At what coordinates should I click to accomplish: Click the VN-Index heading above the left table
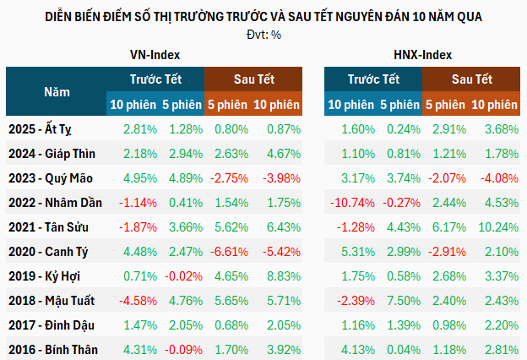coord(154,54)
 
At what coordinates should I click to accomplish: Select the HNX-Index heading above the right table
coord(422,54)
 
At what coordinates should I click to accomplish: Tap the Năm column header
coord(57,91)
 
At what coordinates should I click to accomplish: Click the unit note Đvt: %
coord(263,34)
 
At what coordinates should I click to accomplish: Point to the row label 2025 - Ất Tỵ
coord(51,129)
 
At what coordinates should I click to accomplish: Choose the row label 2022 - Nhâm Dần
coord(57,203)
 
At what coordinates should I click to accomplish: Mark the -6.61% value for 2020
coord(229,252)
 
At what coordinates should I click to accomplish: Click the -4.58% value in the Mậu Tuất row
coord(135,300)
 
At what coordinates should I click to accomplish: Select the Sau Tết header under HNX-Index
coord(470,79)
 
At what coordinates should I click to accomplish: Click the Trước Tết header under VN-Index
coord(155,79)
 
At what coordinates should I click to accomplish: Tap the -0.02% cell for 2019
coord(182,276)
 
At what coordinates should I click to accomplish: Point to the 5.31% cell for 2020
coord(349,252)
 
